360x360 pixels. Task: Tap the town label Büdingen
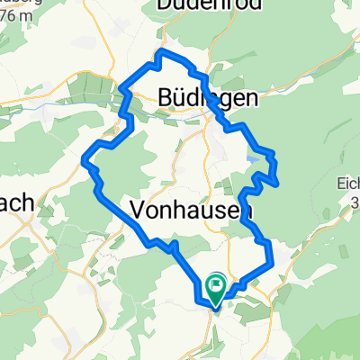[206, 97]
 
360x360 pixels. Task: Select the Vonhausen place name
[190, 209]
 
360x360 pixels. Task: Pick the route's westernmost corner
[84, 161]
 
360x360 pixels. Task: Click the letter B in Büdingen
[165, 97]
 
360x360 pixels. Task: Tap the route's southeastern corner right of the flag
[270, 262]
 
